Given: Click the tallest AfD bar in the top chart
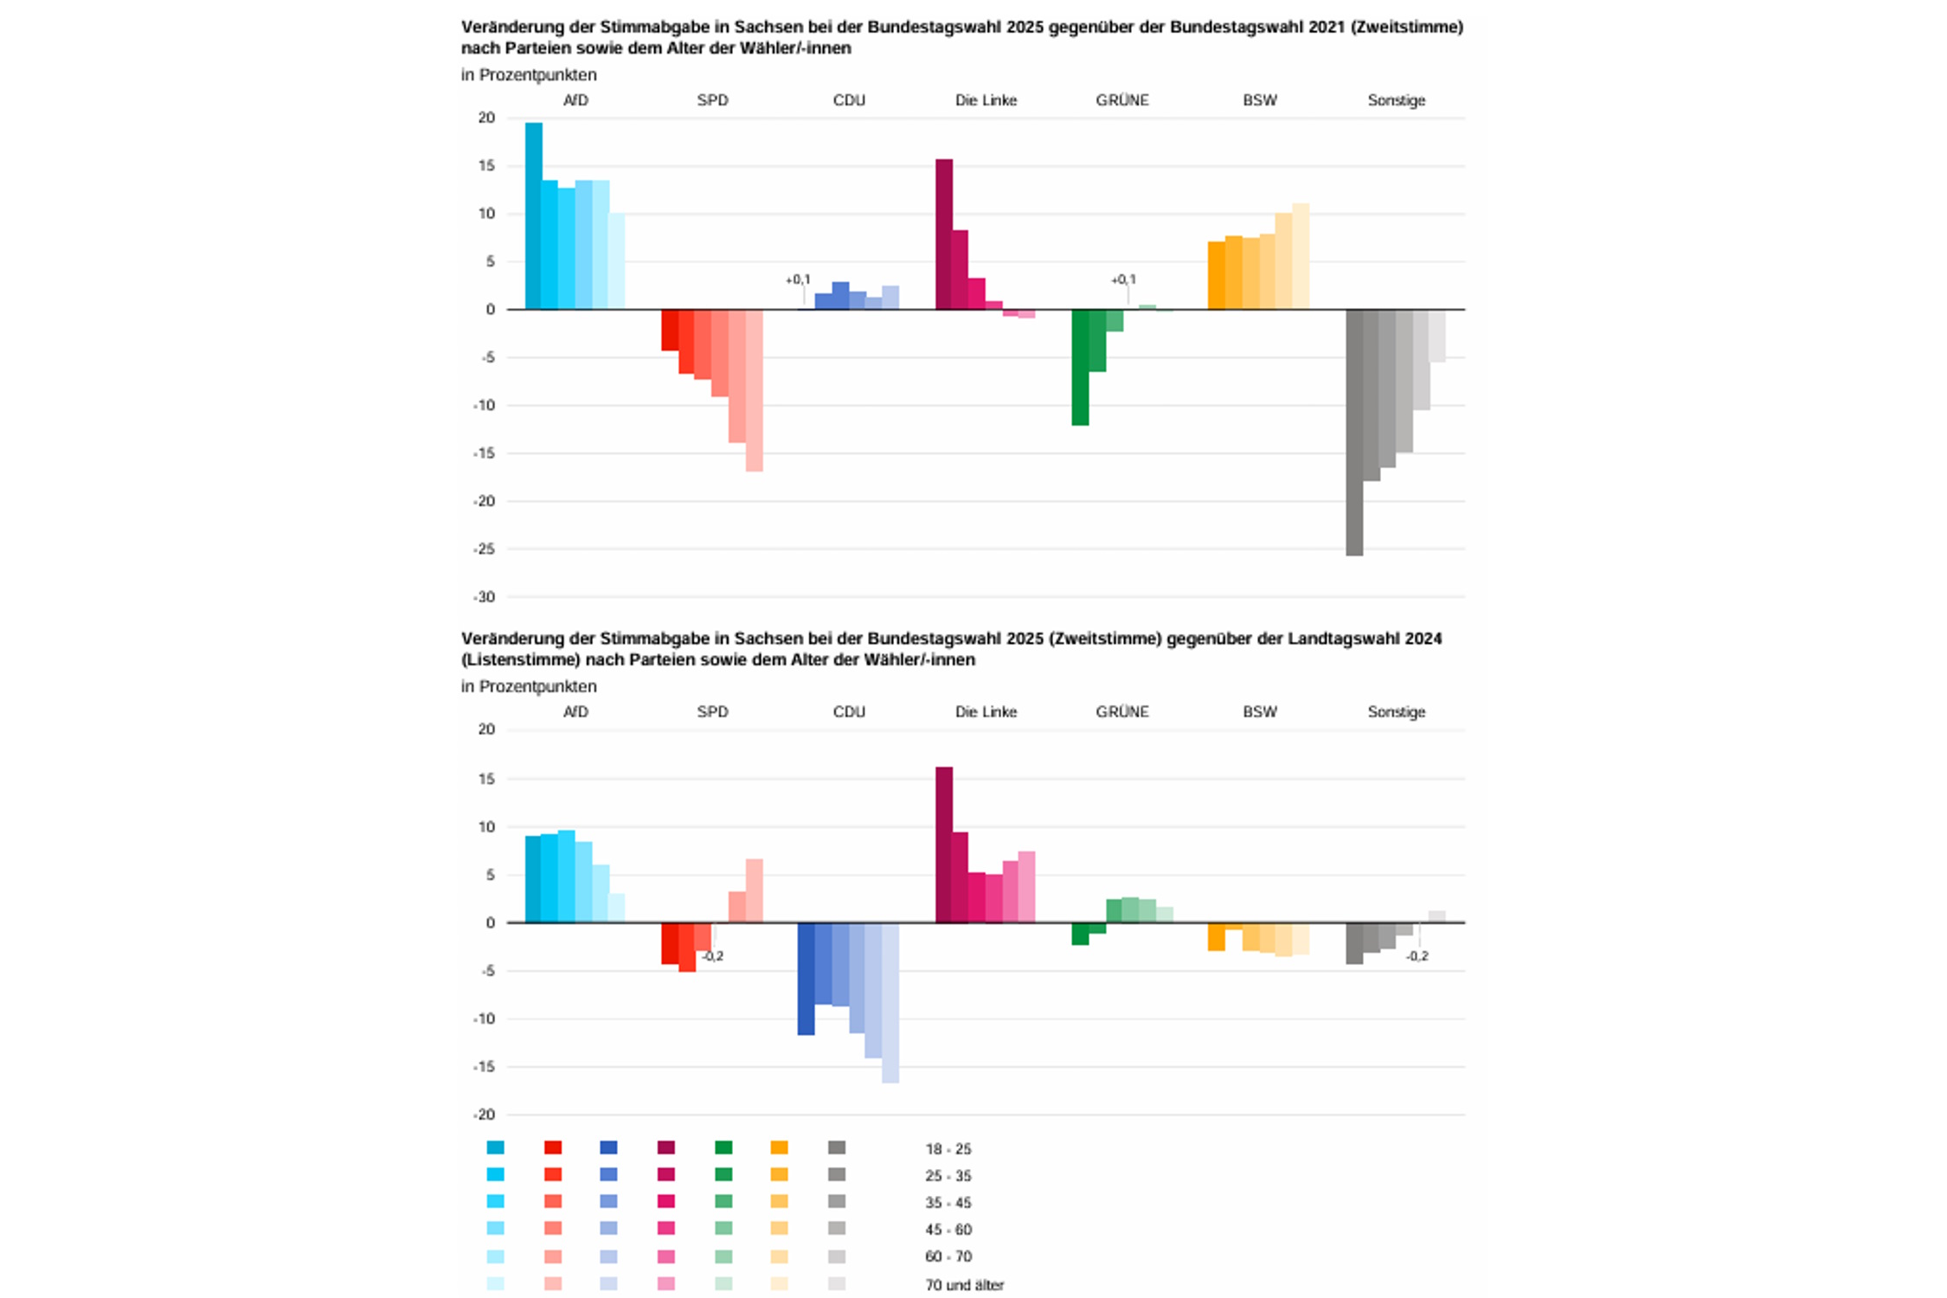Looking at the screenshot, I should tap(533, 216).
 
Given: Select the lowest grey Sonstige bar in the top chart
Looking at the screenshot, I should tap(1354, 433).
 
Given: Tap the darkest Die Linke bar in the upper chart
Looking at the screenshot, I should tap(944, 234).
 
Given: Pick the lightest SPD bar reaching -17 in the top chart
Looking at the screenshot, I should tap(754, 390).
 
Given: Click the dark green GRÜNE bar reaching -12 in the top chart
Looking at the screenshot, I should tap(1080, 367).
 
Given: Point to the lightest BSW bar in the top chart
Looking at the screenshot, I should tap(1301, 256).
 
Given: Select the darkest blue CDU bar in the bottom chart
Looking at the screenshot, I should tap(806, 979).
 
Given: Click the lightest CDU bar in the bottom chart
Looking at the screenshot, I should tap(890, 1003).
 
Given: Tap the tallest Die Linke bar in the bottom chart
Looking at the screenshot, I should tap(944, 845).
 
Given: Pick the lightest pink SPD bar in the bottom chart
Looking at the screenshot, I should tap(754, 890).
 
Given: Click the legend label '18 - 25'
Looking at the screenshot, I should tap(948, 1149).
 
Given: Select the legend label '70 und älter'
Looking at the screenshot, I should tap(964, 1285).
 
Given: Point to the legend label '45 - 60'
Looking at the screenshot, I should tap(948, 1230).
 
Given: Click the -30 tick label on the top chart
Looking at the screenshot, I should tap(485, 597).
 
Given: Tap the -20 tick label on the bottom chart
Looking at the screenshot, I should tap(485, 1115).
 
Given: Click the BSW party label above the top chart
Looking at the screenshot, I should tap(1260, 100).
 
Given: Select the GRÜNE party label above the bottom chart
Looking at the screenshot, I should tap(1122, 712).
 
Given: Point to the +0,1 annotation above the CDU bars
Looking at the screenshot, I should tap(798, 280).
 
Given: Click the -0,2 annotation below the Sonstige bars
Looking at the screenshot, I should tap(1417, 956).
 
